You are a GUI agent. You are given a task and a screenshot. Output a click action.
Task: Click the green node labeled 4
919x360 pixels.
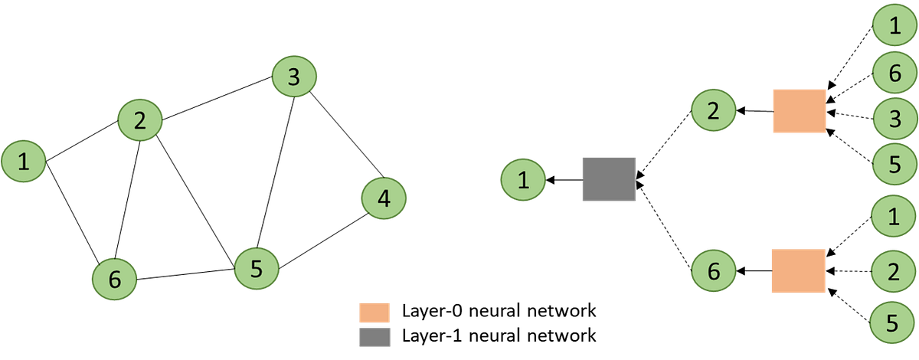click(384, 198)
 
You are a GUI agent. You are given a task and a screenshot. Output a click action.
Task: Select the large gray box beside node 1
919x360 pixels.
click(608, 180)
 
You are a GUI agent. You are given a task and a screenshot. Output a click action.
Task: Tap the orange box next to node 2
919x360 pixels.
click(799, 111)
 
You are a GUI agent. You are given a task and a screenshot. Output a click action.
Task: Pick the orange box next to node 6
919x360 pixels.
click(798, 270)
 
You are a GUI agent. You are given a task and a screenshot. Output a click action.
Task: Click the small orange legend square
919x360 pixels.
click(374, 313)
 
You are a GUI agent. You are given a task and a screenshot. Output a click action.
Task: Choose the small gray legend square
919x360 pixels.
click(374, 337)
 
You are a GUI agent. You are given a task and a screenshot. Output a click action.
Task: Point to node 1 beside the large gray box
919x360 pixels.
click(524, 181)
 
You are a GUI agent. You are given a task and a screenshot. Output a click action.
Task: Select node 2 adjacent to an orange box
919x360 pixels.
click(714, 111)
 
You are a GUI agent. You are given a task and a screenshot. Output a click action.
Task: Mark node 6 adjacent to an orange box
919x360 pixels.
click(714, 270)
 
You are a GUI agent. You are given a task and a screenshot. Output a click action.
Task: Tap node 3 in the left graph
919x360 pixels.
click(294, 76)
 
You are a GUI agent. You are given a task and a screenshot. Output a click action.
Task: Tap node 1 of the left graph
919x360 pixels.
click(24, 162)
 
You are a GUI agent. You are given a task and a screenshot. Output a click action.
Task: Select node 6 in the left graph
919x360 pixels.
click(114, 280)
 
